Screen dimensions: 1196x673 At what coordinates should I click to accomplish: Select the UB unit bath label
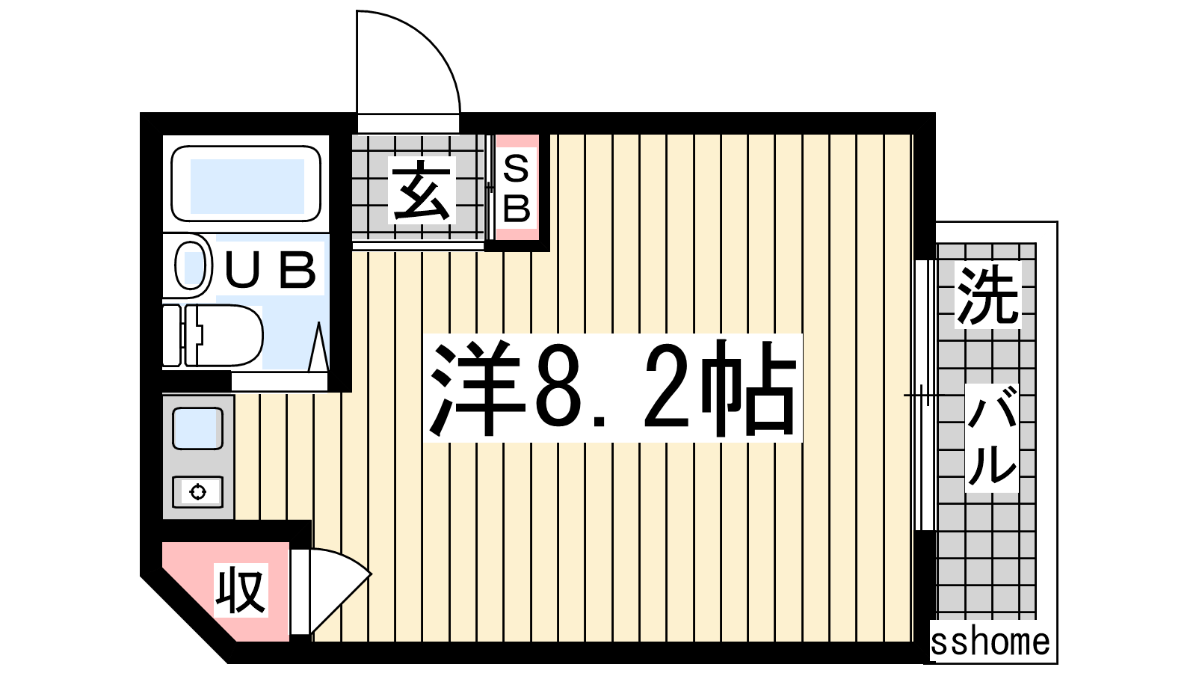pos(270,270)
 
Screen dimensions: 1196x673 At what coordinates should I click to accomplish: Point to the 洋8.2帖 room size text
pos(613,388)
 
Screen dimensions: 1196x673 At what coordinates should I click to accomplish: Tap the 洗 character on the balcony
pos(987,295)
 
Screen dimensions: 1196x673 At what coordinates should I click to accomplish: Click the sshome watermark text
pos(990,642)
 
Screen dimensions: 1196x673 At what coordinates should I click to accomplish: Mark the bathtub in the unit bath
pos(246,183)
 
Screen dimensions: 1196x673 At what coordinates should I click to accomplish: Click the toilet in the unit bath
pos(214,336)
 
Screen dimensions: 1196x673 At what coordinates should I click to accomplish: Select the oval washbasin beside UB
pos(191,266)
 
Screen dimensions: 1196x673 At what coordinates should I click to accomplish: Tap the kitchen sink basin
pos(197,428)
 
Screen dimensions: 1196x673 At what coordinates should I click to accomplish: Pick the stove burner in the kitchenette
pos(197,491)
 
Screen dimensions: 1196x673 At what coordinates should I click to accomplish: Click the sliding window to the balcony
pos(925,396)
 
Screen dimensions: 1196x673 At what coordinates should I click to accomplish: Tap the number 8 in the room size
pos(556,388)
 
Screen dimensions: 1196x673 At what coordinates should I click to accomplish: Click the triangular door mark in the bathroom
pos(319,346)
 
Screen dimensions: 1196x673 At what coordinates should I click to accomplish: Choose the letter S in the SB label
pos(517,169)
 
